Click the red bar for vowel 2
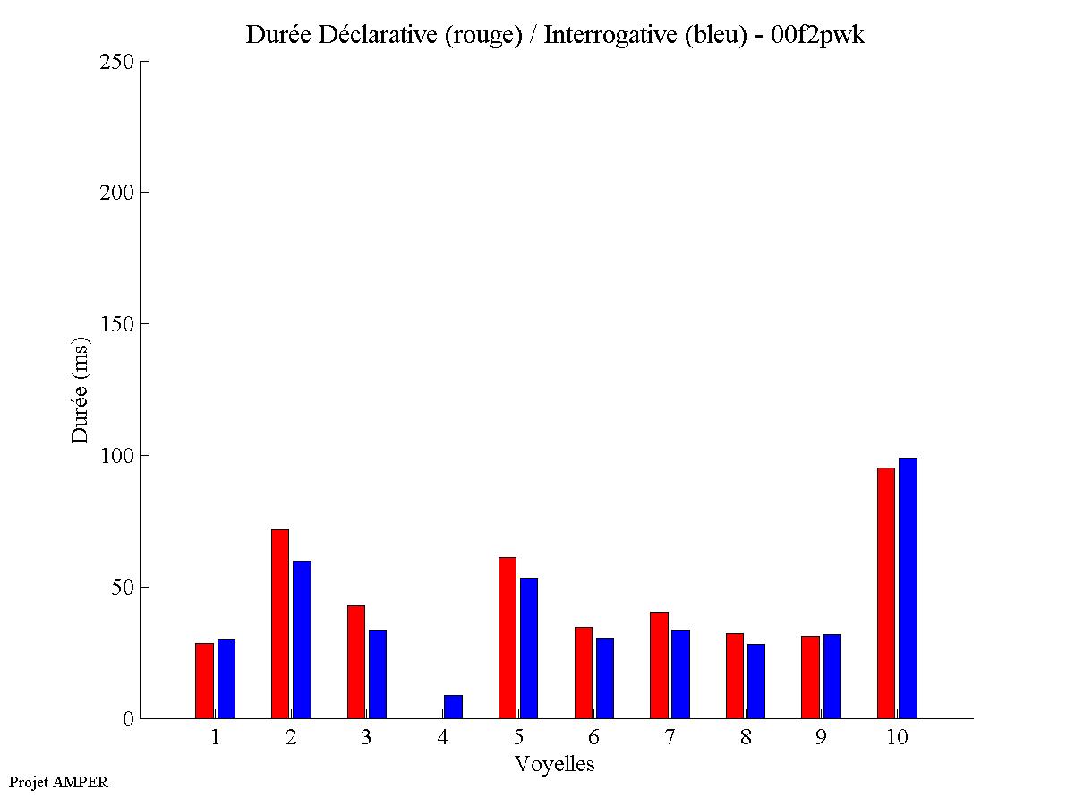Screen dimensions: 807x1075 tap(279, 623)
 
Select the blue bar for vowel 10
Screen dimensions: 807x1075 tap(908, 588)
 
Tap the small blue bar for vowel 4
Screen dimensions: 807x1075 tap(453, 707)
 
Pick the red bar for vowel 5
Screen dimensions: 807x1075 tap(507, 637)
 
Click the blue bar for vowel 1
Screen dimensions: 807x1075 tap(226, 678)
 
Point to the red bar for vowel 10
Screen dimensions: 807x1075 tap(885, 592)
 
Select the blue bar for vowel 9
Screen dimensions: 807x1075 tap(832, 675)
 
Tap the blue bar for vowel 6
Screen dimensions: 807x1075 tap(604, 677)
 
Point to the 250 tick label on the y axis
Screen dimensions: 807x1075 tap(116, 62)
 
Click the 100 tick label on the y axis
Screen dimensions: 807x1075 tap(116, 456)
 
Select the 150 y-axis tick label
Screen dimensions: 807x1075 tap(116, 324)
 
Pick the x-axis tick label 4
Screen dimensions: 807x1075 tap(442, 738)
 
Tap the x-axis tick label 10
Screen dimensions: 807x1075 tap(896, 738)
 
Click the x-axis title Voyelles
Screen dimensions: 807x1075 tap(554, 764)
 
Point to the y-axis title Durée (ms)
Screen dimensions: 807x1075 tap(81, 390)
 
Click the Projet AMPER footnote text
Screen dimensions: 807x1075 tap(58, 782)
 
